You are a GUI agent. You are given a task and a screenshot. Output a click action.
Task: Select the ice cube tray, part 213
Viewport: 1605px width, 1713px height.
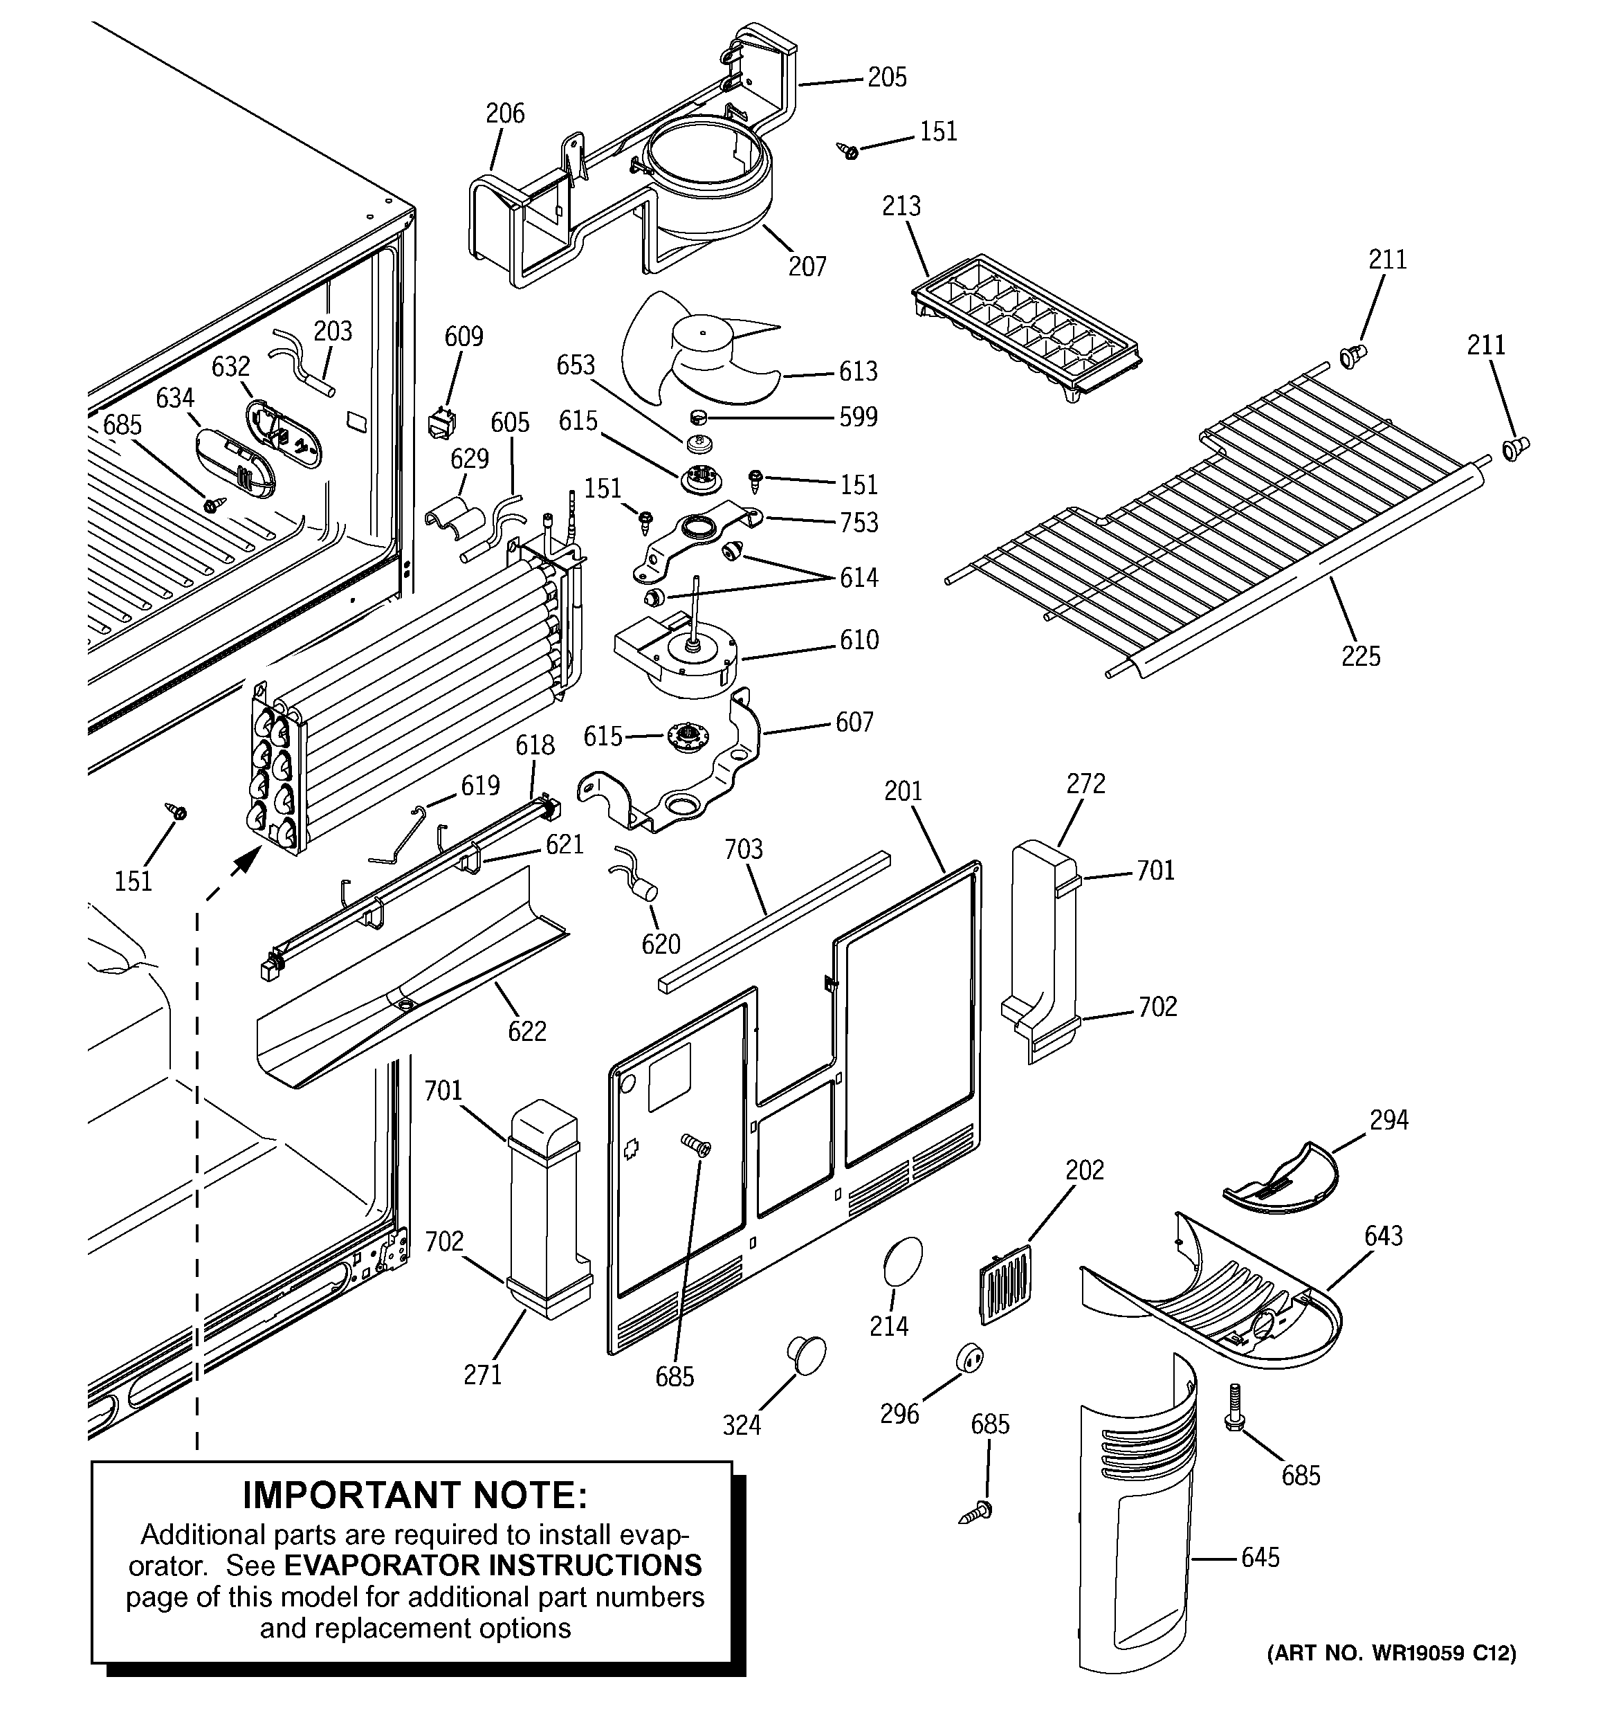[1025, 327]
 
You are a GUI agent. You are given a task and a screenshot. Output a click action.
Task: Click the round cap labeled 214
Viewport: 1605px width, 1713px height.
[902, 1263]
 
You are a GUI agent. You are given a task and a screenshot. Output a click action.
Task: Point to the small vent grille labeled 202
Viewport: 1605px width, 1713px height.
[1005, 1283]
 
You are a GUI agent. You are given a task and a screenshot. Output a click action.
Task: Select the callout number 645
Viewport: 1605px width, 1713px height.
[1260, 1558]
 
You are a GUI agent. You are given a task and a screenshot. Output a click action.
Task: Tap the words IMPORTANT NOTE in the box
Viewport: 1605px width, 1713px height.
[414, 1496]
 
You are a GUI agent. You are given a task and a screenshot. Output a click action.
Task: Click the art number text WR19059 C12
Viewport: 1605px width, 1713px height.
[1430, 1653]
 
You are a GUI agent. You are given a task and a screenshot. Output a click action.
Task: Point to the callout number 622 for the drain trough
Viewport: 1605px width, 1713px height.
[527, 1031]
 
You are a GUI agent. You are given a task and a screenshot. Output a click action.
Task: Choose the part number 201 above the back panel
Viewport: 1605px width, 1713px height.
[903, 791]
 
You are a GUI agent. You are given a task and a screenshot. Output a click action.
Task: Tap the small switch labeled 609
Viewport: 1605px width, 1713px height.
[441, 423]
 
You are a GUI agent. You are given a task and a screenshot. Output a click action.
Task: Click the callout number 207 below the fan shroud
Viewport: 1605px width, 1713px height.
[807, 267]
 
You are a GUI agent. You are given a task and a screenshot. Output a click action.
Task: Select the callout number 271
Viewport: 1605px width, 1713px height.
[482, 1375]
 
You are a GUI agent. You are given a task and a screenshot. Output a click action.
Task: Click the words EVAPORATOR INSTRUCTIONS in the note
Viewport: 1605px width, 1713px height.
[493, 1566]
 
